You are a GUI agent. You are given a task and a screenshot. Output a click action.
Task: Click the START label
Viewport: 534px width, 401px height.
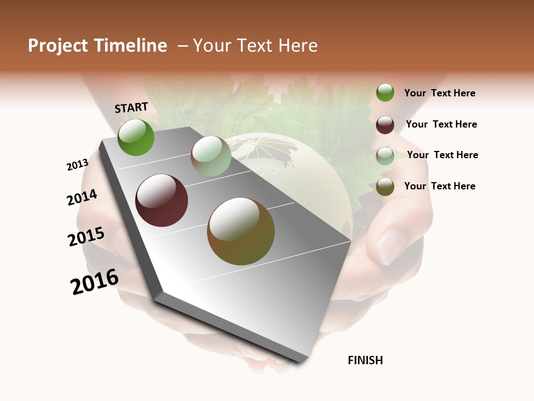[x=131, y=107]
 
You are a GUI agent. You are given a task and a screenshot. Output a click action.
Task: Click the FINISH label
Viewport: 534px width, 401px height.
[x=365, y=360]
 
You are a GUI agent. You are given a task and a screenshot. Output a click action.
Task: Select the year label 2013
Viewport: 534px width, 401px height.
[x=77, y=165]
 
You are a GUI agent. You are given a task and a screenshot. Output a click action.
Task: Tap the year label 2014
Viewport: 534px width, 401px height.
[x=82, y=197]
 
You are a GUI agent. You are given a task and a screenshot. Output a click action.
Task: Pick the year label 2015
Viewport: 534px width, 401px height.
[x=86, y=237]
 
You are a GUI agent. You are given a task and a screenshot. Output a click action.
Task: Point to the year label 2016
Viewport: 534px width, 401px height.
[x=95, y=282]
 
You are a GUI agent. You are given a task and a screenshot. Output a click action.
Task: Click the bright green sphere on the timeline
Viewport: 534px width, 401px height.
[x=136, y=137]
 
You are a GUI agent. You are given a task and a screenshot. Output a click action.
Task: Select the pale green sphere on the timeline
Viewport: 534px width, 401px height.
[x=211, y=156]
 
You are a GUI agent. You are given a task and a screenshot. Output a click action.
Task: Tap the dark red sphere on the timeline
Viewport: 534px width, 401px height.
[x=161, y=200]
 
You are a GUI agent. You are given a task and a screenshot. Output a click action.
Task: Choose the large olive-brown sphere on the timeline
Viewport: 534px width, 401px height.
[x=240, y=231]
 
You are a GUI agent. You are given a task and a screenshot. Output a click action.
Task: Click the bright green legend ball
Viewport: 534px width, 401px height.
[x=385, y=92]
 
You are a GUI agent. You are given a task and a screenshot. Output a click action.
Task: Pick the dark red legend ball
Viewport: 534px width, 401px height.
[x=385, y=124]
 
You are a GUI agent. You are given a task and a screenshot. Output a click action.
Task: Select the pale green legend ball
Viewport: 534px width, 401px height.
[x=385, y=155]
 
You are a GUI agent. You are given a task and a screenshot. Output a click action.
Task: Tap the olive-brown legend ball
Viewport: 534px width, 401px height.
[x=385, y=187]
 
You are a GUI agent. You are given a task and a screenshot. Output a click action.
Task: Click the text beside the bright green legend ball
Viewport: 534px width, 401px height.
[x=439, y=94]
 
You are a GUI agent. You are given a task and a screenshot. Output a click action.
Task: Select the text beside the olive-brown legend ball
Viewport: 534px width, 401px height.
[x=439, y=186]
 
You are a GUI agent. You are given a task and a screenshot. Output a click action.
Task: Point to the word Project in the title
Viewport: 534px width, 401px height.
[x=58, y=46]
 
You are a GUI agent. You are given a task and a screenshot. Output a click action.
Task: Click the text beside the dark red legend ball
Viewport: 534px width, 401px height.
[x=441, y=124]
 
